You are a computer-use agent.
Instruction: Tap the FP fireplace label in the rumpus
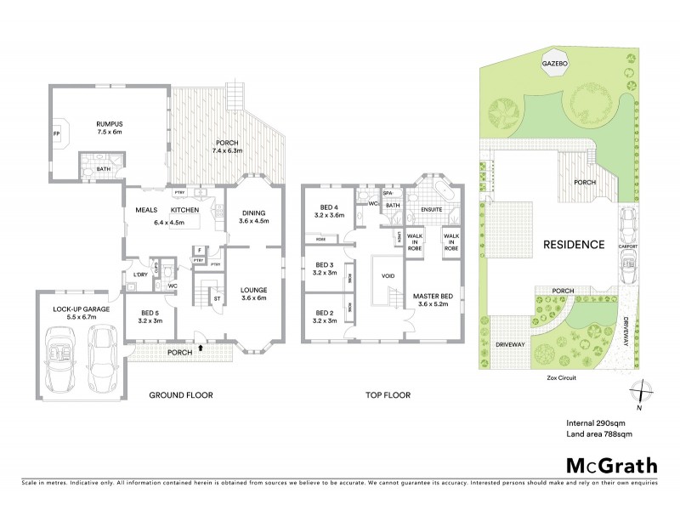(x=57, y=134)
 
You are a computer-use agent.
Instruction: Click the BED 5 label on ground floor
(x=150, y=313)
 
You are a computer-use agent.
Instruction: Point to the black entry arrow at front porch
(x=201, y=347)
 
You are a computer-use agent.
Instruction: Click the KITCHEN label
(x=185, y=210)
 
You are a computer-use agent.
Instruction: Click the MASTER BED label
(x=432, y=296)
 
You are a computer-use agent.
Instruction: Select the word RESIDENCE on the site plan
(x=574, y=244)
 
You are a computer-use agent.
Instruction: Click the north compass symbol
(x=638, y=393)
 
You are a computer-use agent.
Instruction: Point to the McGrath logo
(x=611, y=465)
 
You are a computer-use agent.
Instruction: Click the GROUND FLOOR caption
(x=181, y=395)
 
